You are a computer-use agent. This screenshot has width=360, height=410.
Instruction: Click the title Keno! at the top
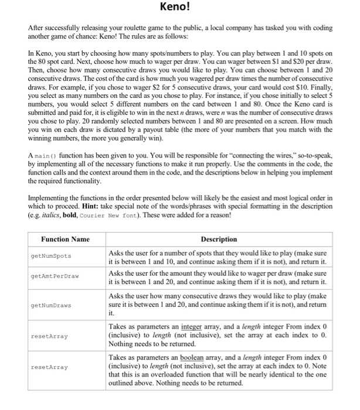pos(179,8)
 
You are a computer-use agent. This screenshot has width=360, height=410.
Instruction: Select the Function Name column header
pos(65,239)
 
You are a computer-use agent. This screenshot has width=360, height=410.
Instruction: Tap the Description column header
pos(218,239)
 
